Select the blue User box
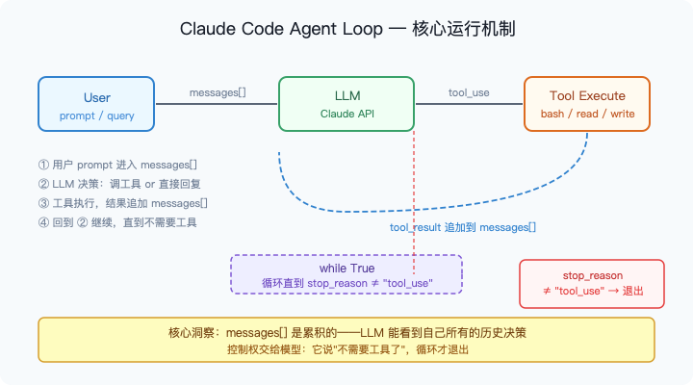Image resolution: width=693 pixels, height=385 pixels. pyautogui.click(x=97, y=104)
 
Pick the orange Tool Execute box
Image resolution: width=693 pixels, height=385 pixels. pyautogui.click(x=586, y=104)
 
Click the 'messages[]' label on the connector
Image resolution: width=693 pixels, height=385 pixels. pyautogui.click(x=217, y=92)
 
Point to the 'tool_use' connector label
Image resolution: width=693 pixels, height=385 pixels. pyautogui.click(x=469, y=92)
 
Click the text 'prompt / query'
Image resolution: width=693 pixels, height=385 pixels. pyautogui.click(x=97, y=115)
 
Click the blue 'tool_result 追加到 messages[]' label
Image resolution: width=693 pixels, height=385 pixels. pyautogui.click(x=462, y=228)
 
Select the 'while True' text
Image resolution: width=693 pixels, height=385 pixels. pyautogui.click(x=346, y=267)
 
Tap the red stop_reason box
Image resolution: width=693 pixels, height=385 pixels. pyautogui.click(x=591, y=284)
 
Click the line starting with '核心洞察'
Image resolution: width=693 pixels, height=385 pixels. pyautogui.click(x=346, y=332)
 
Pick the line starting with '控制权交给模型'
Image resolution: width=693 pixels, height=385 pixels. pyautogui.click(x=346, y=349)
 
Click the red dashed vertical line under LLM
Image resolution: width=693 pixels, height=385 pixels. pyautogui.click(x=414, y=192)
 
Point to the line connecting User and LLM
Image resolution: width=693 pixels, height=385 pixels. pyautogui.click(x=217, y=105)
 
